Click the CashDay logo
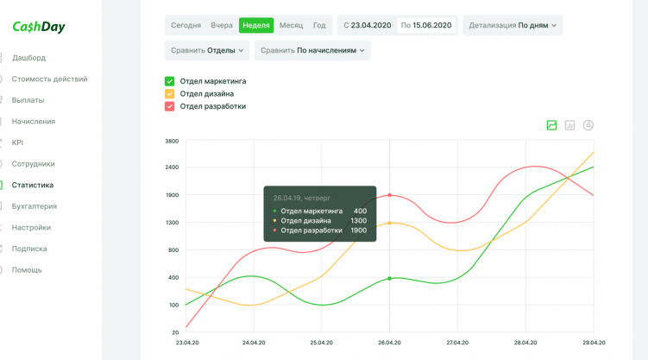point(39,27)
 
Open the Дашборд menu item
point(29,58)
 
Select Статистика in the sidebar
point(33,185)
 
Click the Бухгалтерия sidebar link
point(35,206)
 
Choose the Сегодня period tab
point(186,25)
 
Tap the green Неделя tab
point(256,25)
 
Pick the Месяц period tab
point(291,25)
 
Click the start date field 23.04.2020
point(367,25)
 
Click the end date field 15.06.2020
point(426,25)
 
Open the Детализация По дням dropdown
point(513,25)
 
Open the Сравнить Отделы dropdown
point(207,50)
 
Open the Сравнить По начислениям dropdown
point(312,50)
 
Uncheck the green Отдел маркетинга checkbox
point(170,81)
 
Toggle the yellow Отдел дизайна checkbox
point(170,93)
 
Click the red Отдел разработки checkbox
point(170,106)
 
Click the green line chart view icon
point(551,125)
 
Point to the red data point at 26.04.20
point(390,195)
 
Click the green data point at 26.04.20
point(390,278)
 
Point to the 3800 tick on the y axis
point(172,141)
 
